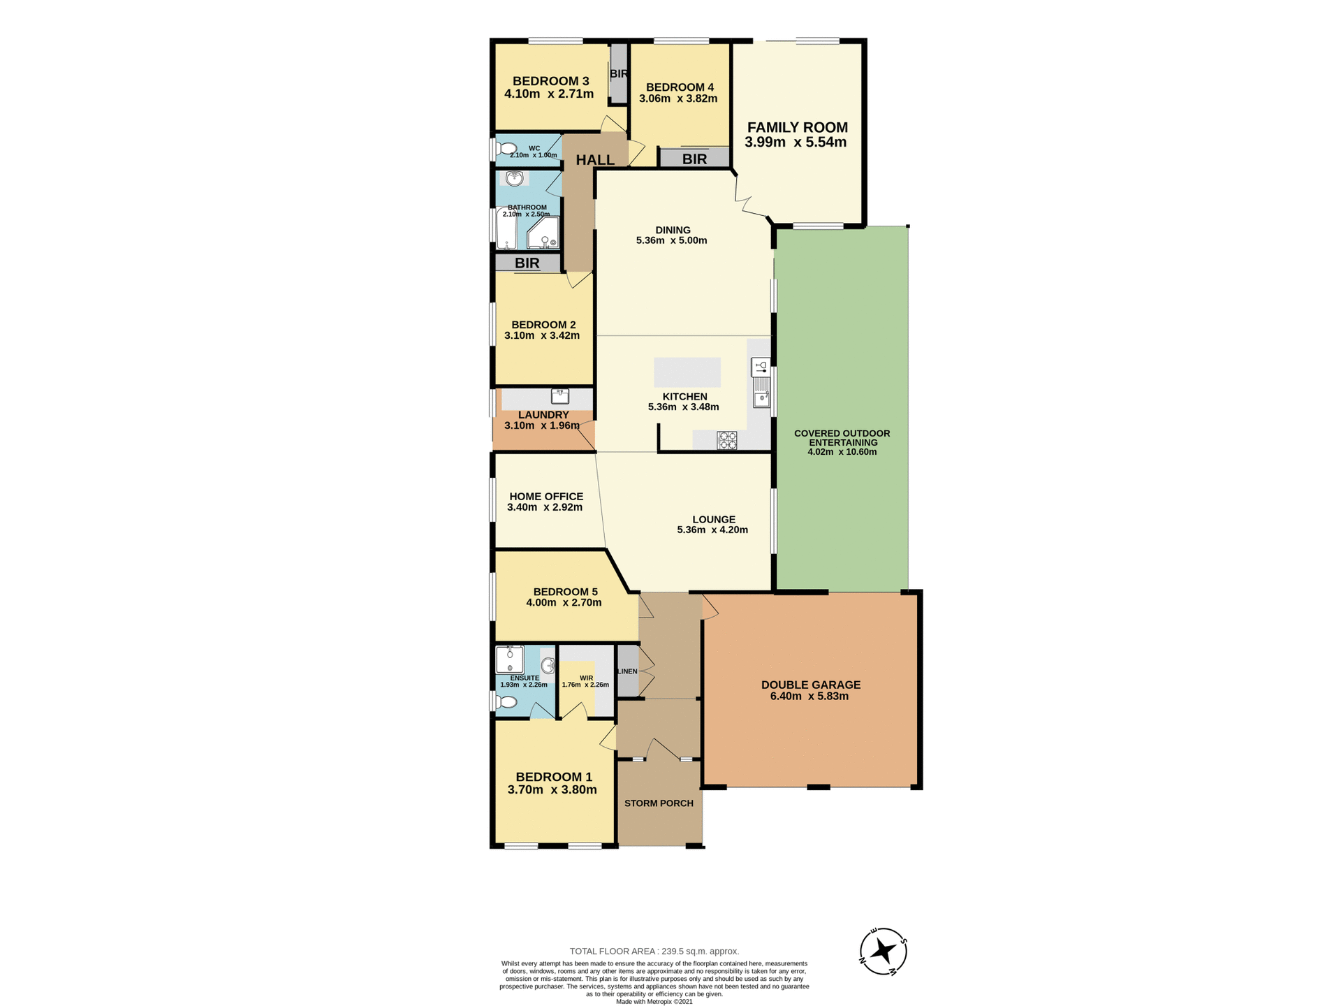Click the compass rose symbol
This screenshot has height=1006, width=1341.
coord(883,951)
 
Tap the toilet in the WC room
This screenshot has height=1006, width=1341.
coord(506,149)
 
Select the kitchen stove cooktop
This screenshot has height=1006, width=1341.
coord(726,440)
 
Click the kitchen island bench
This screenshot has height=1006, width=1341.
coord(687,372)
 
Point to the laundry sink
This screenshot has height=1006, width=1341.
coord(560,396)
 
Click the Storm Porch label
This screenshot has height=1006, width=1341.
coord(659,803)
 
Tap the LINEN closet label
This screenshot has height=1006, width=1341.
coord(627,671)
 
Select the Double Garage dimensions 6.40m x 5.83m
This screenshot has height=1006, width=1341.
coord(810,697)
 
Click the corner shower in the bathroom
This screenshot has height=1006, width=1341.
coord(545,233)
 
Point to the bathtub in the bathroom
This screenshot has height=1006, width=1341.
coord(506,231)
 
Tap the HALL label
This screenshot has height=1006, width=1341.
coord(595,160)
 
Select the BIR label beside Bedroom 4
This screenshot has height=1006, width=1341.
coord(694,159)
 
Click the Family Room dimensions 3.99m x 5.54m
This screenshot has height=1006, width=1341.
coord(796,143)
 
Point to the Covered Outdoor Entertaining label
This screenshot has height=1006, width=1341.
coord(842,437)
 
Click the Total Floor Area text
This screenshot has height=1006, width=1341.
coord(654,951)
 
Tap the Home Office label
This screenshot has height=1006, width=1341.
coord(546,496)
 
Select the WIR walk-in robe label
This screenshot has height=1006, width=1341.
coord(586,678)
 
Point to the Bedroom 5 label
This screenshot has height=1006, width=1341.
coord(565,592)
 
